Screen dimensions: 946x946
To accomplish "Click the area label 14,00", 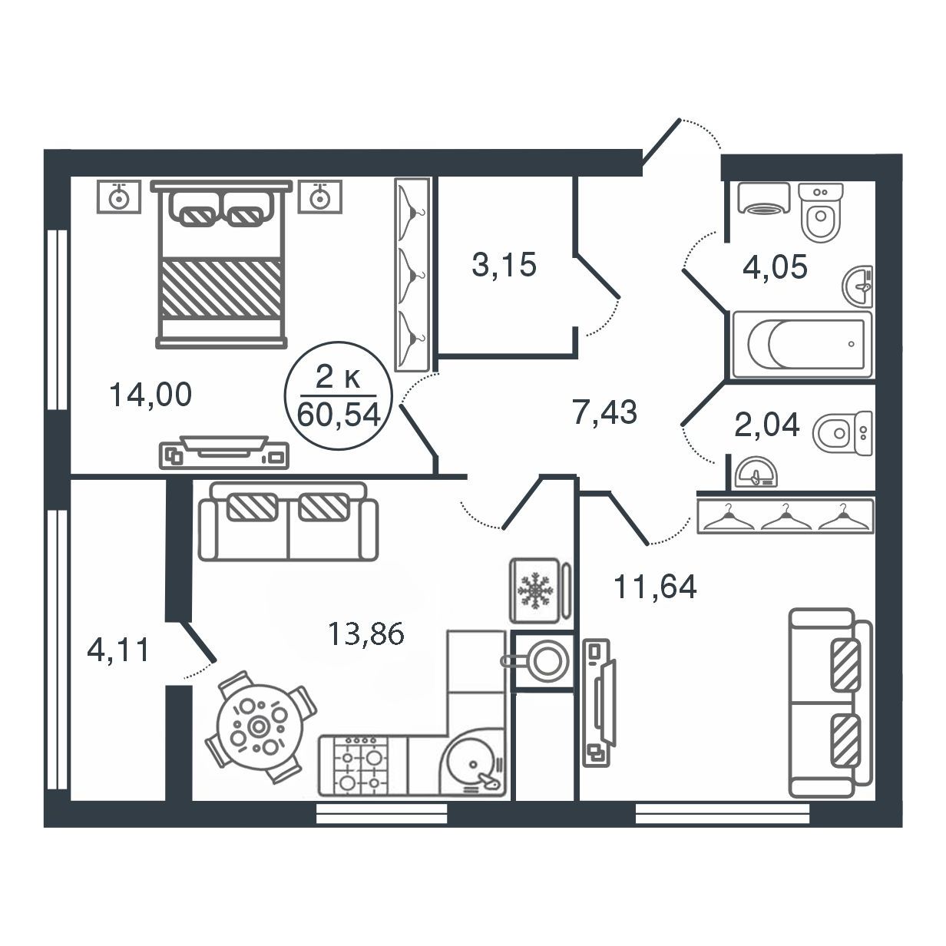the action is (x=150, y=395).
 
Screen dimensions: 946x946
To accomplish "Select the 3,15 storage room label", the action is (x=504, y=265).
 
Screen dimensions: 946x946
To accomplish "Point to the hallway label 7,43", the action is (x=604, y=412).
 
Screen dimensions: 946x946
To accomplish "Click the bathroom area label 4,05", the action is (x=775, y=267).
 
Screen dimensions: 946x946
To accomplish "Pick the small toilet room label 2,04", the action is (x=767, y=425).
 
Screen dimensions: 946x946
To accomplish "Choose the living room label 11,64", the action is (x=655, y=587).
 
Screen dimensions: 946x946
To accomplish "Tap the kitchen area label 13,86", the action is (x=365, y=633).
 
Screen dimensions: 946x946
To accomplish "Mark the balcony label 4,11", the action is (x=117, y=650).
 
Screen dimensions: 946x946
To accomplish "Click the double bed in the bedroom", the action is (x=221, y=264).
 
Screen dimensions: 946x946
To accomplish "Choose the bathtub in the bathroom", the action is (x=802, y=344).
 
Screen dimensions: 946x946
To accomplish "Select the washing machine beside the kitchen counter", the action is (x=542, y=662).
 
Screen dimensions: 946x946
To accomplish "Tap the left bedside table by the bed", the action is (x=119, y=197).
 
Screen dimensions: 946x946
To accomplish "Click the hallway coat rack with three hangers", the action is (x=786, y=516).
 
